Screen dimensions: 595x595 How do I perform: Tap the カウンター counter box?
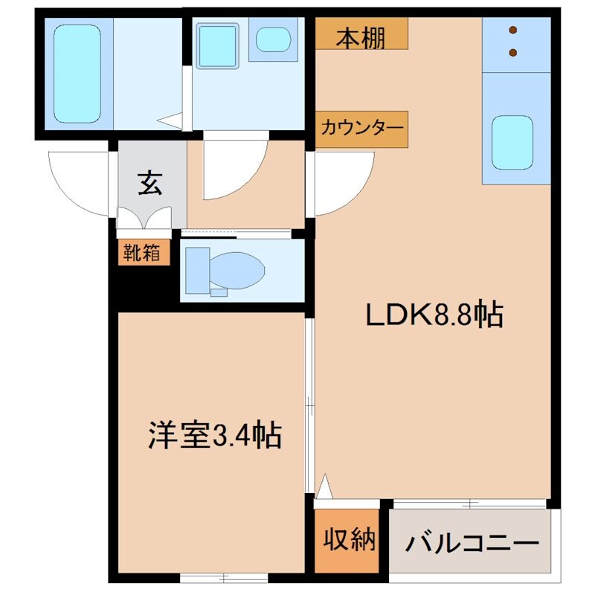(x=361, y=129)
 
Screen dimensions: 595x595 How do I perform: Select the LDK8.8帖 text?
(x=434, y=315)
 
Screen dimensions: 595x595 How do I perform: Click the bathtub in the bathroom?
(x=77, y=74)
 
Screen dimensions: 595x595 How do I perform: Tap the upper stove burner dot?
(x=513, y=30)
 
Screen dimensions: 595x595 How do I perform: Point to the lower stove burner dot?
(x=513, y=52)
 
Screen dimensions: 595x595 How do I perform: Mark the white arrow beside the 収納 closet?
(x=324, y=488)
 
